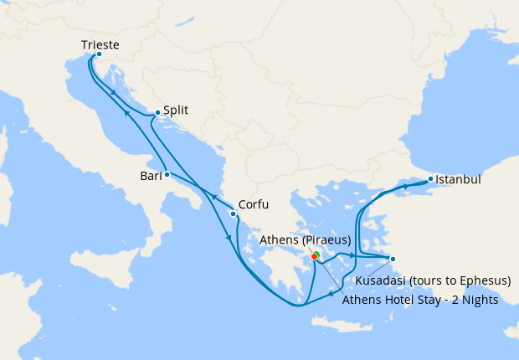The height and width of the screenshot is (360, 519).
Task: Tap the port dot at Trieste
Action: [99, 55]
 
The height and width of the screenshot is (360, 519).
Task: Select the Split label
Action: [176, 109]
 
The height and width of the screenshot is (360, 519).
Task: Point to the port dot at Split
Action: [157, 112]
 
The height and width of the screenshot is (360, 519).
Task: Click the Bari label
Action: [152, 176]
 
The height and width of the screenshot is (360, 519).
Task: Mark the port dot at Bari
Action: [167, 174]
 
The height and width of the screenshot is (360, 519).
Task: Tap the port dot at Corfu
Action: [233, 213]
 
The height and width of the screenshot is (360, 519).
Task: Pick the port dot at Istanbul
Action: [430, 178]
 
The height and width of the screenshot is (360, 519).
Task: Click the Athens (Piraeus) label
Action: [305, 240]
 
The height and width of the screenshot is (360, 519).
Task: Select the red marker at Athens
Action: [314, 256]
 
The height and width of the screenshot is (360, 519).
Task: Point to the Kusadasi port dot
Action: [393, 258]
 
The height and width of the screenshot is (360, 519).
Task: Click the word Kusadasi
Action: [381, 280]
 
